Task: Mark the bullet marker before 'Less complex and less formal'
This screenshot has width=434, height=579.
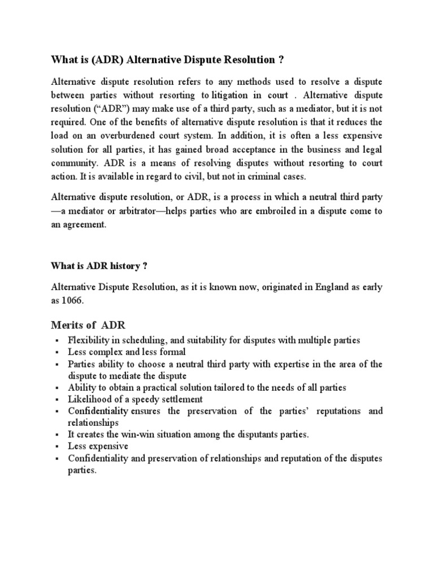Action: pos(57,352)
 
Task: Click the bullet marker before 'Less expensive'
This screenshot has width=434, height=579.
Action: pos(57,447)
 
